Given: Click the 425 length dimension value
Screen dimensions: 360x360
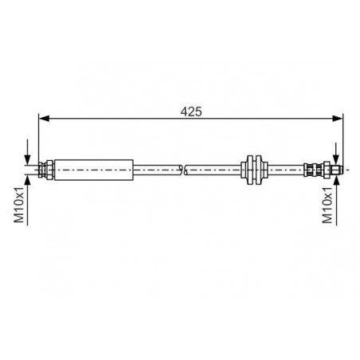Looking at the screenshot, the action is (x=191, y=112).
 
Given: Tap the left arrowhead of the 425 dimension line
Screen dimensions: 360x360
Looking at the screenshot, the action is (x=44, y=119).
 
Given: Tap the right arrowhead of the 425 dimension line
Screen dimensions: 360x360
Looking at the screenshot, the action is (x=338, y=119).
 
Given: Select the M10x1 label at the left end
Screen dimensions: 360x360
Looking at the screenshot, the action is (x=19, y=205).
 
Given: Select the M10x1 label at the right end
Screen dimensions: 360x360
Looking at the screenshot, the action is (x=327, y=205).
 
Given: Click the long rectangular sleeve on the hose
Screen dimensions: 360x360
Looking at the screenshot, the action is (x=94, y=170).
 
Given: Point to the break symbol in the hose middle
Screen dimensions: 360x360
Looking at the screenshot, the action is (x=183, y=170).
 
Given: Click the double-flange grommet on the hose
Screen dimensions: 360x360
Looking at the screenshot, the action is (x=254, y=170).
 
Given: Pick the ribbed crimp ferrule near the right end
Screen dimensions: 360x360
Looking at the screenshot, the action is (x=313, y=170).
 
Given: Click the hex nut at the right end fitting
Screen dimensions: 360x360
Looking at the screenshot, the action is (x=327, y=170).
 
